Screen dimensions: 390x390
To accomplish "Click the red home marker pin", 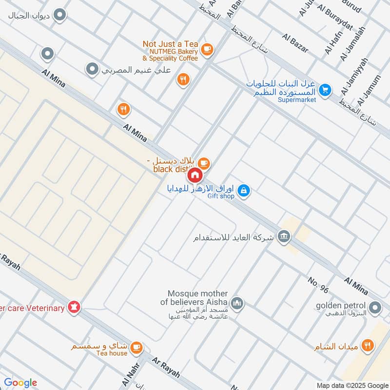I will tap(195, 175).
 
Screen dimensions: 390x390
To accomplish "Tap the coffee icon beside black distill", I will tap(204, 163).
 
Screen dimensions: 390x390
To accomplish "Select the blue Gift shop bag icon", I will tap(245, 191).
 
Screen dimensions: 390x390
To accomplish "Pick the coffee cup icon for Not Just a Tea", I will tap(207, 49).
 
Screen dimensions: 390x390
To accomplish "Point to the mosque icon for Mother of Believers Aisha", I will tap(237, 304).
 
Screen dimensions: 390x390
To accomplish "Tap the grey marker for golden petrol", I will tap(375, 308).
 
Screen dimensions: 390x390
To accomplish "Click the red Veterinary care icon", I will tap(74, 307).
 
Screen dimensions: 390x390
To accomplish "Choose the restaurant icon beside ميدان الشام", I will tap(369, 346).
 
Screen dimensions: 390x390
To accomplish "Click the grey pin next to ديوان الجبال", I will tap(60, 15).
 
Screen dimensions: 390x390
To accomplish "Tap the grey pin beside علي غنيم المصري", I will tap(92, 70).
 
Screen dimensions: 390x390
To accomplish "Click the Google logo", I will tap(20, 383).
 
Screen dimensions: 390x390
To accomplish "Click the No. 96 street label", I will tap(318, 285).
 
